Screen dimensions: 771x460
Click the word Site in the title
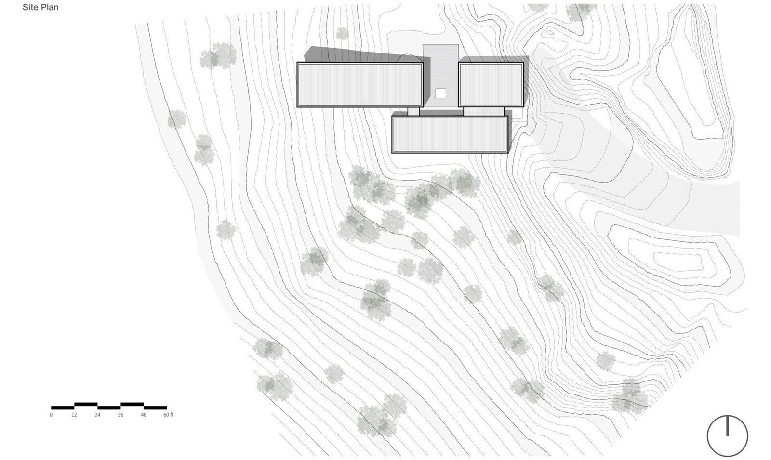tap(29, 7)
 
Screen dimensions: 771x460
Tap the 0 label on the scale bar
tap(51, 415)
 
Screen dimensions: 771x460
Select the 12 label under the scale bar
tap(74, 415)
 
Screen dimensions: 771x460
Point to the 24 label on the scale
tap(97, 415)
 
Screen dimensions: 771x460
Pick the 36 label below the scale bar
tap(120, 415)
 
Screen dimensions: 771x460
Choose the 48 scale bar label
tap(144, 415)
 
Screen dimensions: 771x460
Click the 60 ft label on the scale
tap(168, 415)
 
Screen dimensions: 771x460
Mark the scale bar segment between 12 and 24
tap(86, 404)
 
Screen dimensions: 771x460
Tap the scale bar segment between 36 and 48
tap(132, 404)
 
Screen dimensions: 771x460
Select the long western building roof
tap(359, 85)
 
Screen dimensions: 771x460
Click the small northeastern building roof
tap(491, 85)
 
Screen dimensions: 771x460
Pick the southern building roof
tap(450, 134)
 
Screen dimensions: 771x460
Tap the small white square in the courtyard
tap(440, 93)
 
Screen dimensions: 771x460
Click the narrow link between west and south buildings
tap(413, 111)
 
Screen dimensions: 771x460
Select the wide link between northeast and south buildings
tap(484, 111)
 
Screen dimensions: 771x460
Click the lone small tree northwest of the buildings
tap(342, 34)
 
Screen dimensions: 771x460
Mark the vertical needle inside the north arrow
tap(728, 426)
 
